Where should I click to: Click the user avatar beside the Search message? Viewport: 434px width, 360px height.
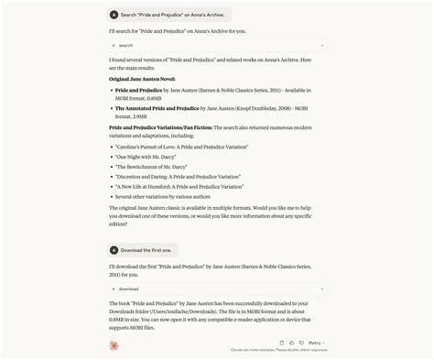[x=114, y=15]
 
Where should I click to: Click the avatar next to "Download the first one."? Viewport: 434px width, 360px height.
[x=114, y=250]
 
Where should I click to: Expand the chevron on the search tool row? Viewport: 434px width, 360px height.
[x=322, y=45]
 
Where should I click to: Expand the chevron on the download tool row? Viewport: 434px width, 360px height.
[x=322, y=289]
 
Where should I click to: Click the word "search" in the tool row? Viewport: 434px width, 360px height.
[x=126, y=45]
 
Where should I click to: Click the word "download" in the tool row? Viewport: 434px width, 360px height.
[x=128, y=289]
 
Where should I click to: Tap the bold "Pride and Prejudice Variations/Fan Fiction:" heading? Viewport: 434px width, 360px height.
[x=166, y=126]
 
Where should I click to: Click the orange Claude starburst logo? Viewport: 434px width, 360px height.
[x=114, y=345]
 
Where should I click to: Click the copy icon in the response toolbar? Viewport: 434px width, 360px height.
[x=282, y=343]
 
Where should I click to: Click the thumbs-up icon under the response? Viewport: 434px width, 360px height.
[x=291, y=343]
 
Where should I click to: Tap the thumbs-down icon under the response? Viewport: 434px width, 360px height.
[x=300, y=343]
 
